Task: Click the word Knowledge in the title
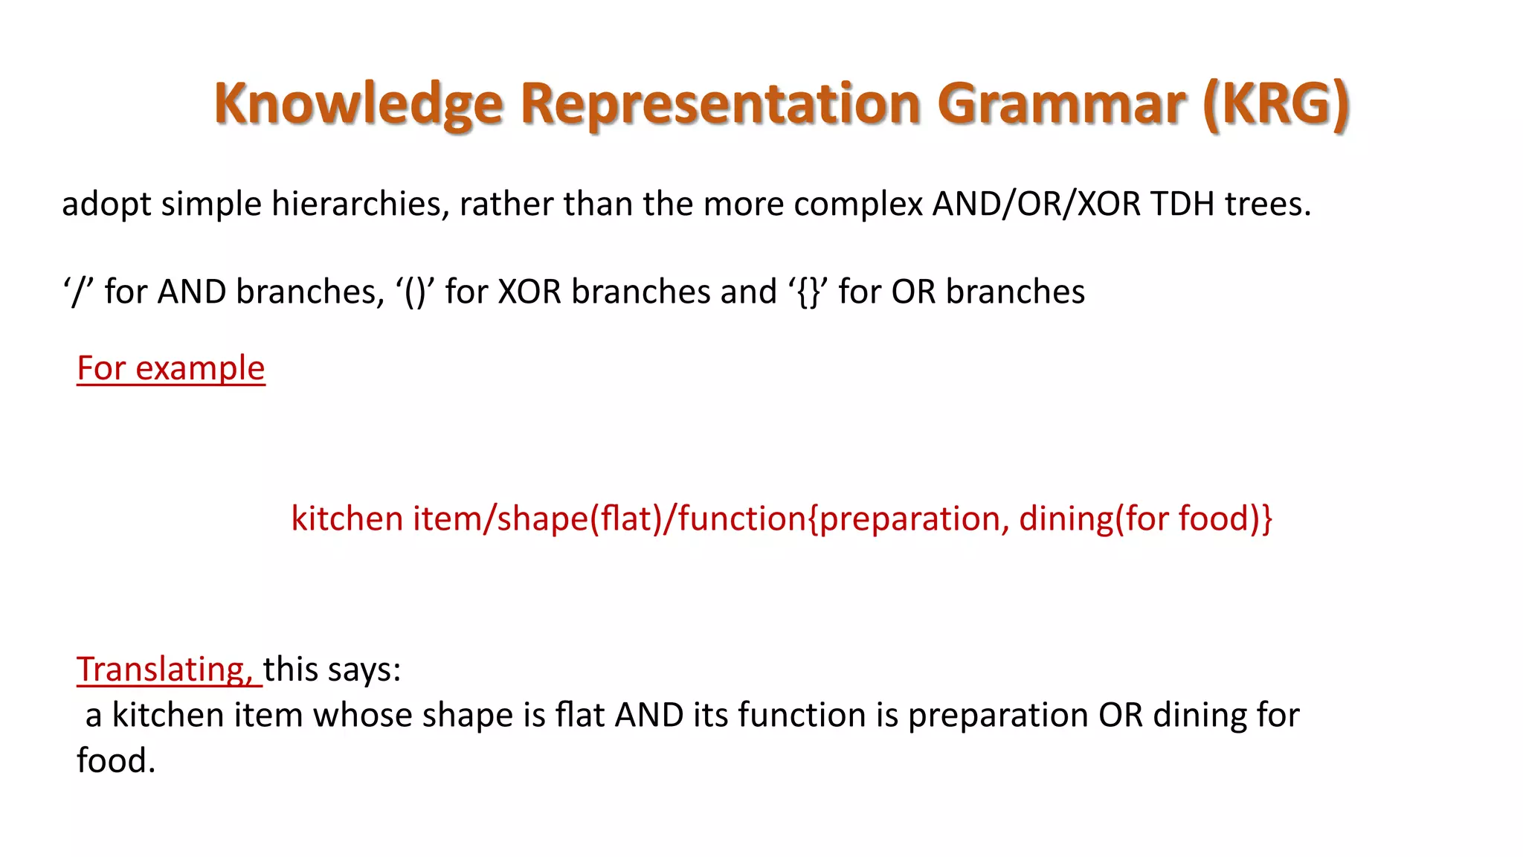click(x=358, y=104)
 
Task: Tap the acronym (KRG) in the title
click(x=1276, y=104)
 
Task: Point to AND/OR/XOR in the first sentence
click(x=1036, y=204)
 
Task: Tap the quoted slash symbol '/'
click(x=78, y=292)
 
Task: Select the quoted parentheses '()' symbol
click(x=415, y=292)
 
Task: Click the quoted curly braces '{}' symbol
click(x=808, y=292)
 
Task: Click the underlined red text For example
click(x=171, y=368)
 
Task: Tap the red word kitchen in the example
click(x=347, y=519)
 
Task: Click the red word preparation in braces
click(x=908, y=519)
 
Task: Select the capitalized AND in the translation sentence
click(x=649, y=715)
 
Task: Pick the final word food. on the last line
click(x=116, y=761)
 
